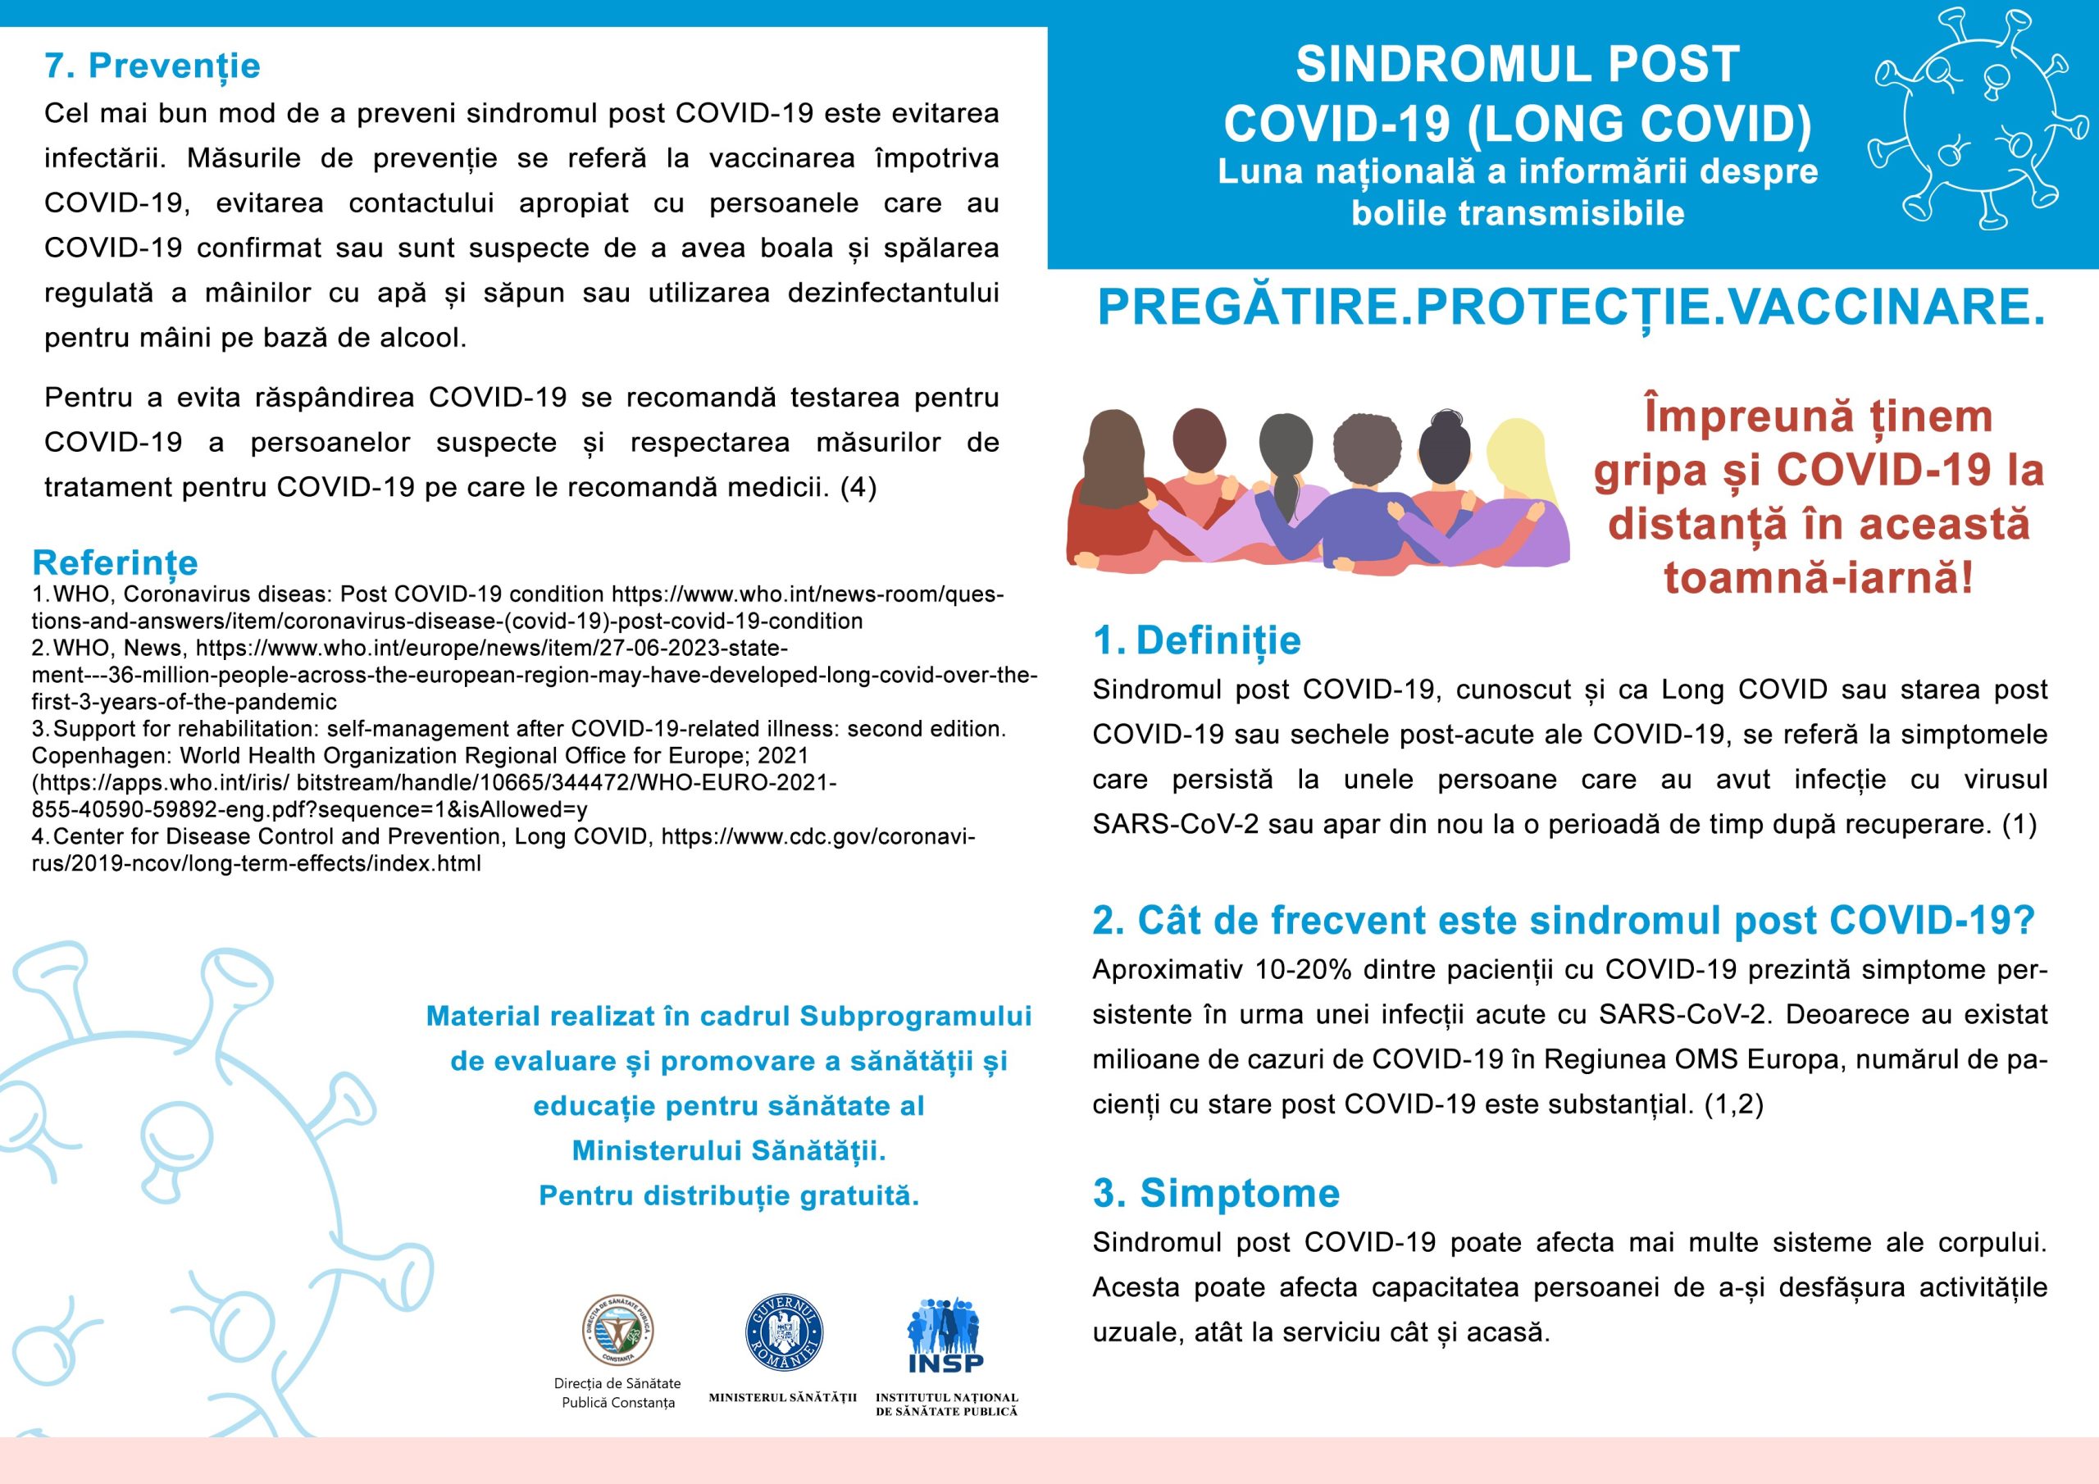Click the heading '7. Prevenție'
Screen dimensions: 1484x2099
153,66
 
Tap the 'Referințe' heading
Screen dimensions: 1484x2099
115,562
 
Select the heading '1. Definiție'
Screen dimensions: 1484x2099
1197,640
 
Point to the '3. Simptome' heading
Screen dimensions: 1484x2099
1216,1193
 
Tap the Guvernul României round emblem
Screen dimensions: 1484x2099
784,1333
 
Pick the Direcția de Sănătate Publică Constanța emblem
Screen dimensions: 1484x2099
618,1331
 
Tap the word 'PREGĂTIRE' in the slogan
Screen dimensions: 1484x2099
1248,307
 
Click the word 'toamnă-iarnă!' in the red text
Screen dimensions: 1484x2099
1819,578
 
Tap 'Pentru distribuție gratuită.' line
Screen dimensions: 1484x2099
729,1196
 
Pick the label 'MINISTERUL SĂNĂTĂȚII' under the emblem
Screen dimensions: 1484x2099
782,1397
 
